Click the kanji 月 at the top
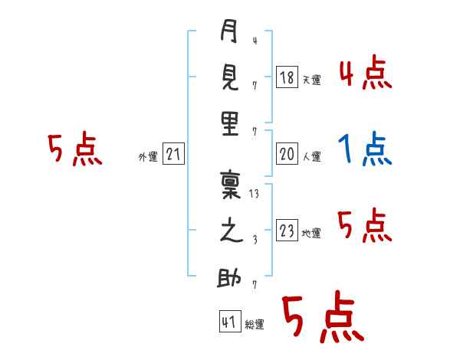click(230, 34)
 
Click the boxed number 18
click(287, 77)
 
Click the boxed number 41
click(228, 322)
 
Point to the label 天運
click(311, 80)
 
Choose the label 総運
click(254, 325)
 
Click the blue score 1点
click(365, 150)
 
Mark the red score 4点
click(365, 74)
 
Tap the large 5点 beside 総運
click(322, 318)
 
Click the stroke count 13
click(255, 194)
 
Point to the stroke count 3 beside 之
click(255, 239)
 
